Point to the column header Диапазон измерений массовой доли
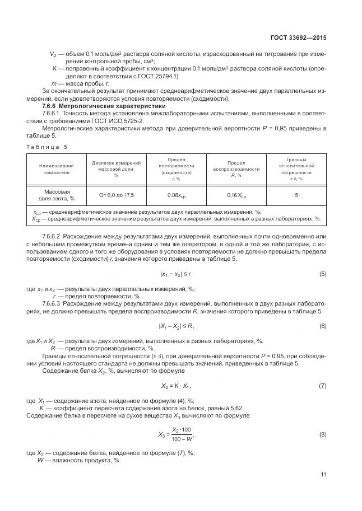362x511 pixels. (116, 169)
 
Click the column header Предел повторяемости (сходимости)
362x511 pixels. (177, 169)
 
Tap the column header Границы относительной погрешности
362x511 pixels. (296, 169)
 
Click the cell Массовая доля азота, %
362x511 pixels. (56, 195)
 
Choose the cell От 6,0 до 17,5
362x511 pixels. (116, 195)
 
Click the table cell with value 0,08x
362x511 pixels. (177, 196)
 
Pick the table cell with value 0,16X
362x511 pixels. (236, 196)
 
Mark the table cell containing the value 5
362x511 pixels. (296, 195)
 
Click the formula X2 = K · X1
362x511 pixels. (177, 386)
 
